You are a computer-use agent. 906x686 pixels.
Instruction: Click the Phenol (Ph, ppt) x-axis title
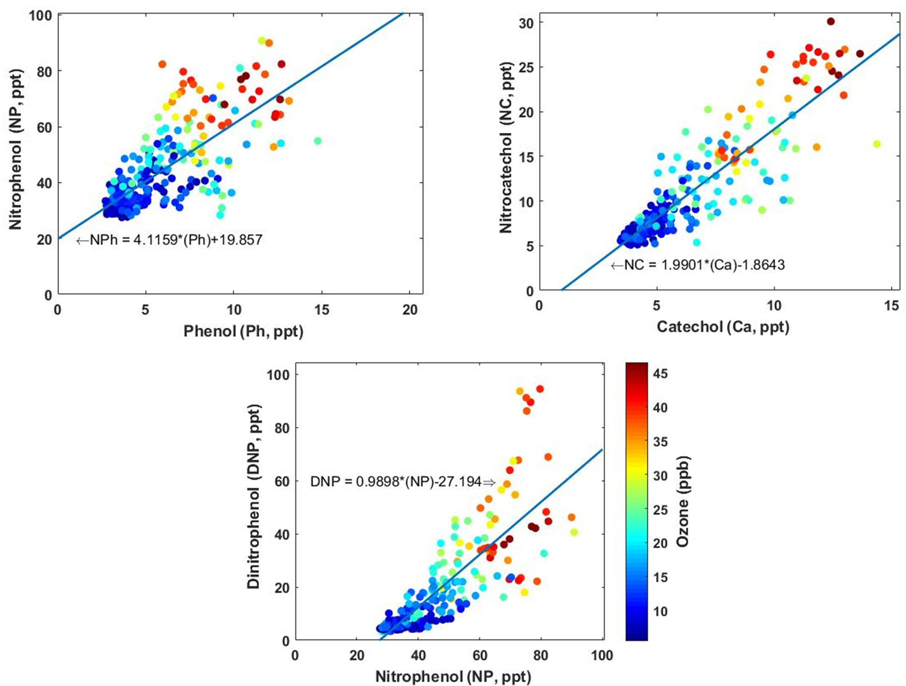pos(243,331)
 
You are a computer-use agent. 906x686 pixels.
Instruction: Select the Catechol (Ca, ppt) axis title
pos(723,327)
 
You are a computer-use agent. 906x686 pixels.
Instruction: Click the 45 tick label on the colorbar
pos(660,374)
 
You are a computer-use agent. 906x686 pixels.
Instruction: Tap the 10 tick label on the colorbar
pos(660,611)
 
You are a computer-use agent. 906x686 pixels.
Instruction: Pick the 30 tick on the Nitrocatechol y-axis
pos(525,23)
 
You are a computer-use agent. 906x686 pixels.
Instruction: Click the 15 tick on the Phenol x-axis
pos(321,310)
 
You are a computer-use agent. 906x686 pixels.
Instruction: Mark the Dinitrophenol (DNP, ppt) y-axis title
pos(254,497)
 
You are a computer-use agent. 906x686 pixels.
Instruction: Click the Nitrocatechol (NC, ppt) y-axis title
pos(506,148)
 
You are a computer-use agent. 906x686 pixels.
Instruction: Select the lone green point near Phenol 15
pos(318,141)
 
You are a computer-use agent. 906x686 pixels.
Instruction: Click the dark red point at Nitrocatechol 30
pos(830,22)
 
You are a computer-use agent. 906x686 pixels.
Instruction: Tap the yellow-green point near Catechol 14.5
pos(877,144)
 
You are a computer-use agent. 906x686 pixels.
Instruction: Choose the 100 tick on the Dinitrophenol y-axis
pos(278,375)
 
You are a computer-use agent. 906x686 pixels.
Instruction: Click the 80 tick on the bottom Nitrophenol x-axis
pos(541,656)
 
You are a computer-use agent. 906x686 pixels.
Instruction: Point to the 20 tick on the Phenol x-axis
pos(410,310)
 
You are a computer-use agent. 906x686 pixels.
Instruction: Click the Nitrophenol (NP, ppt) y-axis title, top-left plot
pos(16,149)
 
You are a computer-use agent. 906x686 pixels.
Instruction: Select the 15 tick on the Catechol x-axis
pos(891,306)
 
